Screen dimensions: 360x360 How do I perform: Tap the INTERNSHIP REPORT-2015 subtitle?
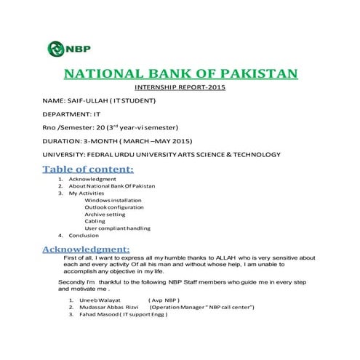(181, 89)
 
